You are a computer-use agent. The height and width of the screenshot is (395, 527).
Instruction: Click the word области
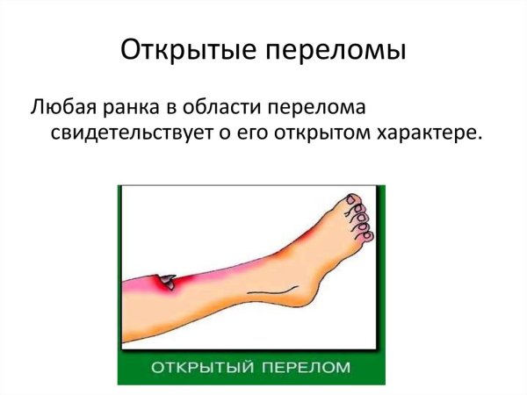(x=228, y=108)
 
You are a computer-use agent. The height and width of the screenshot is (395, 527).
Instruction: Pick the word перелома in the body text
(x=327, y=108)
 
